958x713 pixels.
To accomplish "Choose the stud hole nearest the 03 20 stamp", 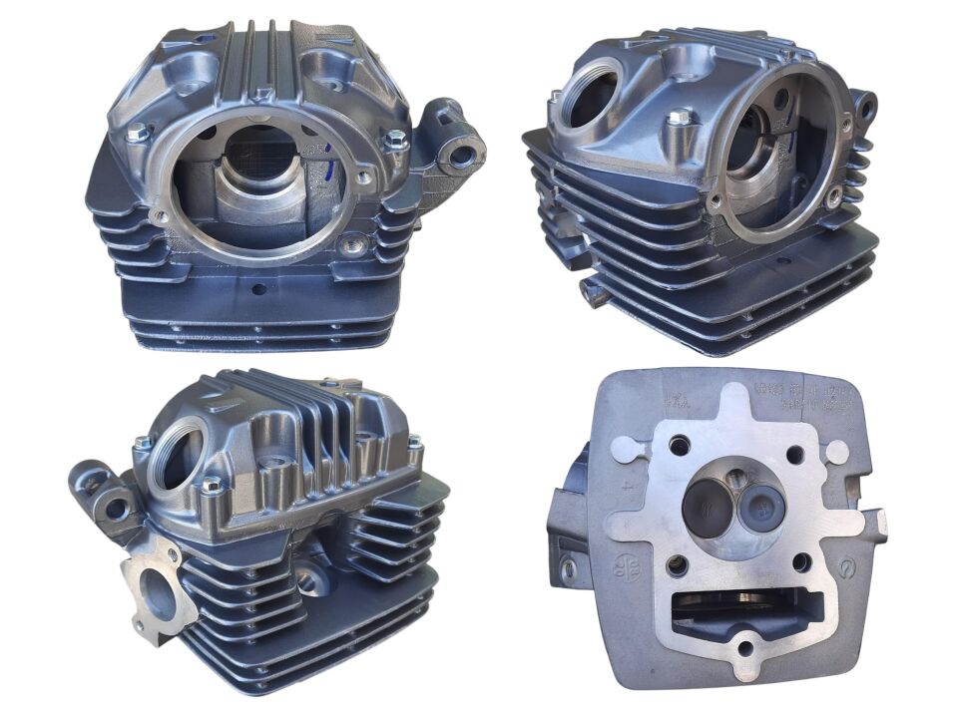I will coord(678,565).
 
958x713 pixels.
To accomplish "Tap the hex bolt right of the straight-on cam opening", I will coord(396,138).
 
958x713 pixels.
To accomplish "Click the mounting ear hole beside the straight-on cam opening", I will coord(462,157).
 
